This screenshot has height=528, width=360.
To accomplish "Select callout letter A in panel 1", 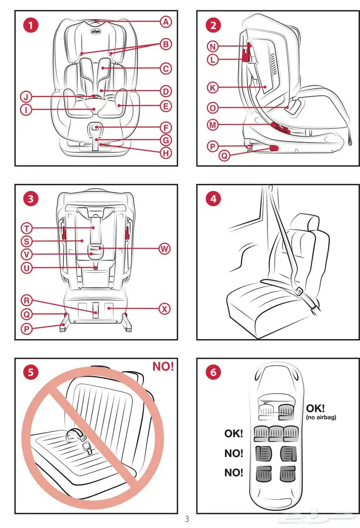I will (166, 21).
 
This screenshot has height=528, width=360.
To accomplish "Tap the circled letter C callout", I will (166, 68).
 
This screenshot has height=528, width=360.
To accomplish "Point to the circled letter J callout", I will (26, 97).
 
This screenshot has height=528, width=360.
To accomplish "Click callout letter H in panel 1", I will (166, 152).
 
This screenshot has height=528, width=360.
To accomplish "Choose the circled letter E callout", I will (166, 107).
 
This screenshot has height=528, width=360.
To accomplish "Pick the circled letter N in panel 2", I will (213, 46).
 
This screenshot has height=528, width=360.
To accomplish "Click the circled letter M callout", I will (213, 125).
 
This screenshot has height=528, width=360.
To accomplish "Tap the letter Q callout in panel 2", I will (224, 154).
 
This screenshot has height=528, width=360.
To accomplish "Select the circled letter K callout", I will (213, 87).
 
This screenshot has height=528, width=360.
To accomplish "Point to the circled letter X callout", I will (164, 309).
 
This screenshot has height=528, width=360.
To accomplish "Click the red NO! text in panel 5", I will (163, 366).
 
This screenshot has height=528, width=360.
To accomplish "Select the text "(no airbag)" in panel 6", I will (321, 417).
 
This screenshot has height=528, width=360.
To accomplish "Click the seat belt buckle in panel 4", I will (298, 292).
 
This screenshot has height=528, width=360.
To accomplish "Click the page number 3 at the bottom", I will (187, 519).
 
